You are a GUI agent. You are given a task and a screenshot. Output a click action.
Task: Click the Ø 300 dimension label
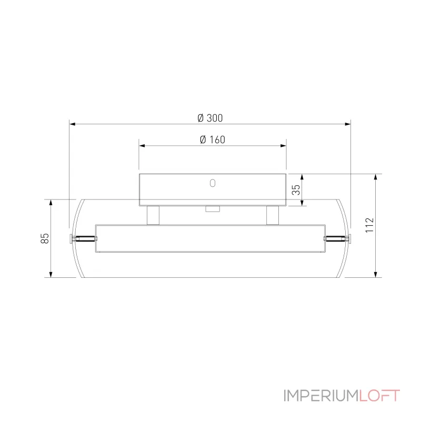click(210, 118)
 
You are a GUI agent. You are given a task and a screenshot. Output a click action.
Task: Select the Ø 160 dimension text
click(213, 139)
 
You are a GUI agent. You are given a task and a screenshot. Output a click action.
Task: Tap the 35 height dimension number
click(296, 189)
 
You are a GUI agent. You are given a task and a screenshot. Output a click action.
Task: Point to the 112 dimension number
click(369, 225)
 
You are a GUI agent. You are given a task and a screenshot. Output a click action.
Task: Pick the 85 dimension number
click(45, 238)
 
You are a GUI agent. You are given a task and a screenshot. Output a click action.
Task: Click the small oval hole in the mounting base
click(213, 183)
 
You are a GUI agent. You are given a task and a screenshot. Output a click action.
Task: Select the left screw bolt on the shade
click(83, 238)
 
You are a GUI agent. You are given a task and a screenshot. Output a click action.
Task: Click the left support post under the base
click(153, 215)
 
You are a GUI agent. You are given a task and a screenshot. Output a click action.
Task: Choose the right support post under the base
click(273, 215)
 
